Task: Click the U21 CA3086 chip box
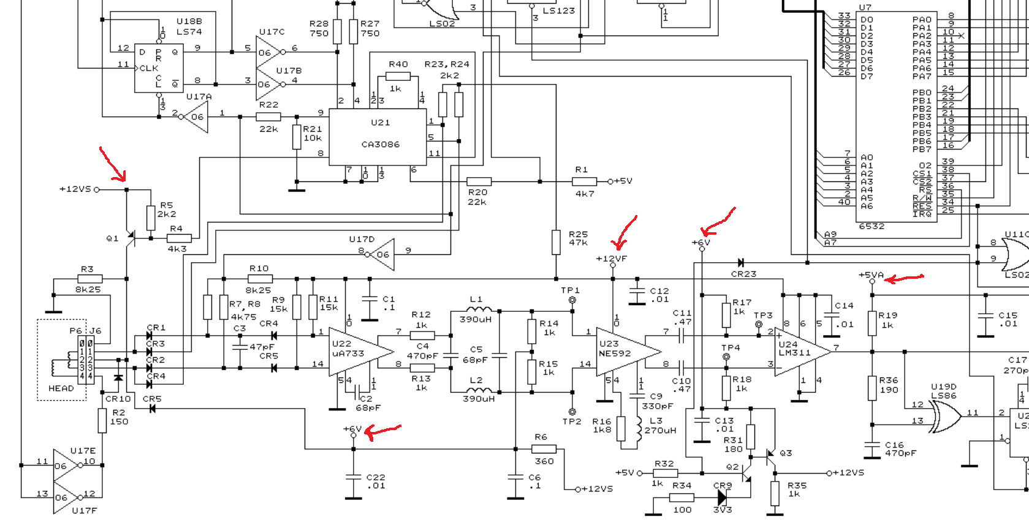(378, 137)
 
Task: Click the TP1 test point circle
(572, 300)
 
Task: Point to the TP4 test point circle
(726, 357)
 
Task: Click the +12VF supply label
(611, 259)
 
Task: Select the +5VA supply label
(871, 274)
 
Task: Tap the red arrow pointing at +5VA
(905, 279)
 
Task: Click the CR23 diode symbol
(741, 262)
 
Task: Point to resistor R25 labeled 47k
(556, 242)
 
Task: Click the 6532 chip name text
(871, 226)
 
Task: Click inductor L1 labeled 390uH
(476, 311)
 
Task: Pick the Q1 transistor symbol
(130, 238)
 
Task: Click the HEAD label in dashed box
(61, 388)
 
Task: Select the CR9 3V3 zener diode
(723, 498)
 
